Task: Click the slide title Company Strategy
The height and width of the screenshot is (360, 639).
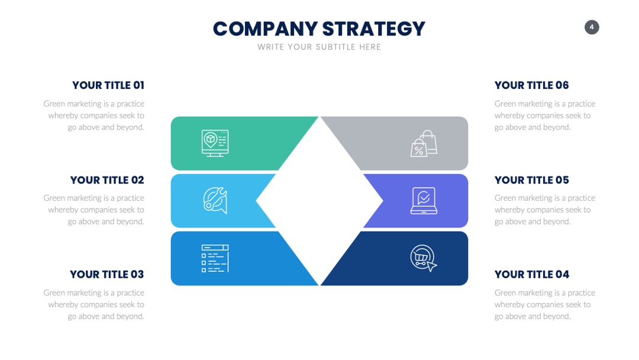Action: [319, 29]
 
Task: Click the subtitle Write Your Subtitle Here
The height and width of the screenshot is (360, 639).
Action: [319, 47]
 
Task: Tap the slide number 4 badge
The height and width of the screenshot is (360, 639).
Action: [592, 27]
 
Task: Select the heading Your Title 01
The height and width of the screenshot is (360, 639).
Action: [108, 85]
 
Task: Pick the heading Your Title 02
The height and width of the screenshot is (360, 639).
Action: [107, 180]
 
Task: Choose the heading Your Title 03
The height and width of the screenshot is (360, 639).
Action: [106, 274]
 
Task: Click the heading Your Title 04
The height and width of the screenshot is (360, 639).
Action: [532, 274]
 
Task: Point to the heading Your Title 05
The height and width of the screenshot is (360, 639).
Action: [532, 180]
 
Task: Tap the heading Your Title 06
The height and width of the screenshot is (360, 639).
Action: [531, 85]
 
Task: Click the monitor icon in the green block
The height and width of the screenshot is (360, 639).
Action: [215, 143]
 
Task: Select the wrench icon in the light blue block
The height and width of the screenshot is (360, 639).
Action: [215, 201]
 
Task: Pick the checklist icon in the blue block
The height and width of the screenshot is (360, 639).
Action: [215, 259]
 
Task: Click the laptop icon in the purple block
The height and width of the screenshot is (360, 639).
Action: [424, 201]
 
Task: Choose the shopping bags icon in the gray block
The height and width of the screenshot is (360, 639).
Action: [424, 143]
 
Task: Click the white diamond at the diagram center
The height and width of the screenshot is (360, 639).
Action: [319, 201]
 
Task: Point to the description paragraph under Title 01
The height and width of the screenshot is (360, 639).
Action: [94, 115]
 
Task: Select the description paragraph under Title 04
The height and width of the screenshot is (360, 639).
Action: [545, 304]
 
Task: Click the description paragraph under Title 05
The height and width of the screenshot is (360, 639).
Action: [545, 210]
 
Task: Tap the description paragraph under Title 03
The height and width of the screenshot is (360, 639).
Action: [94, 304]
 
